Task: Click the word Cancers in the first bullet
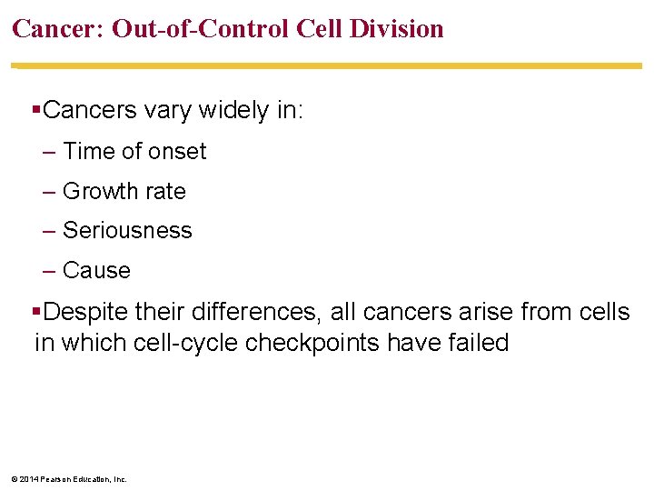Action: [84, 111]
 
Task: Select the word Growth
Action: [97, 192]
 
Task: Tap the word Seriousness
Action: [127, 231]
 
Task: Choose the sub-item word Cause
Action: [96, 271]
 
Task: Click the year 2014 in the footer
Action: [27, 479]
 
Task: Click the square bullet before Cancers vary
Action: [36, 111]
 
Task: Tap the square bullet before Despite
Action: [36, 313]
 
